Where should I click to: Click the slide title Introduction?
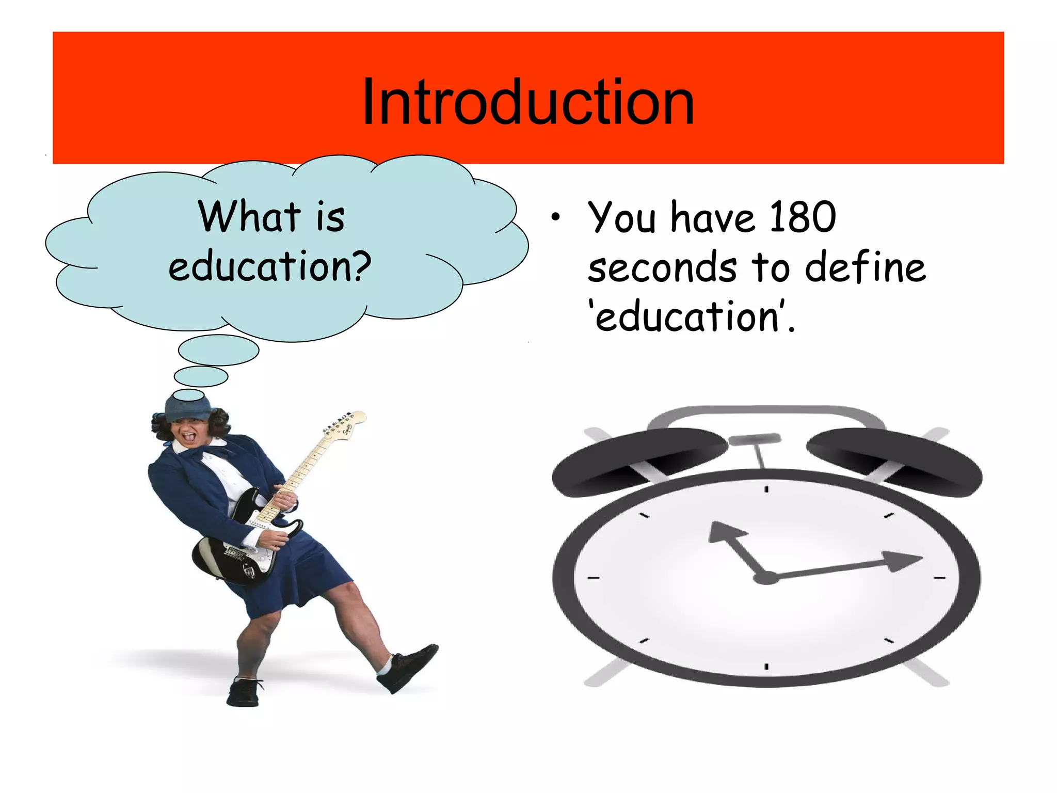pos(528,102)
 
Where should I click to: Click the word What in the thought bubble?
pos(249,216)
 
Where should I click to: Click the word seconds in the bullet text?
pos(662,267)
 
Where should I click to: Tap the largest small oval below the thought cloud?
pos(218,350)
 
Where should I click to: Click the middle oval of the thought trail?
pos(201,376)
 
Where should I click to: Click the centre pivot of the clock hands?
pos(766,577)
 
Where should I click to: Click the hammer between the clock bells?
pos(755,440)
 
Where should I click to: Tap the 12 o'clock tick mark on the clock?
pos(766,489)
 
